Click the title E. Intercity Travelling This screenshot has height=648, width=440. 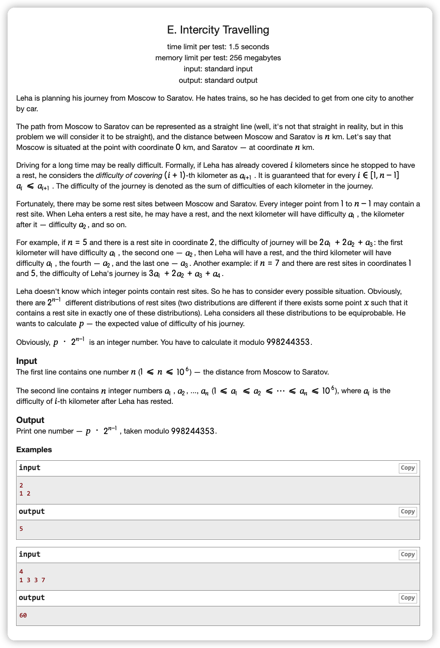[218, 30]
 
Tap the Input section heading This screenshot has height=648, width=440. [27, 361]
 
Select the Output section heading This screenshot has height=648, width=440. [30, 420]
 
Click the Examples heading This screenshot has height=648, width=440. [34, 450]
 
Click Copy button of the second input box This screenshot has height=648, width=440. [407, 555]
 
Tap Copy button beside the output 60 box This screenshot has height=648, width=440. [407, 598]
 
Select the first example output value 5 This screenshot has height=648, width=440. [21, 529]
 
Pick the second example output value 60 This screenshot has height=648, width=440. [23, 615]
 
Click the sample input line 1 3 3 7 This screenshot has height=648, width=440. [32, 580]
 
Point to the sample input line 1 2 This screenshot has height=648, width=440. [25, 493]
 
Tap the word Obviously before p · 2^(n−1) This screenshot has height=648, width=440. [33, 342]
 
